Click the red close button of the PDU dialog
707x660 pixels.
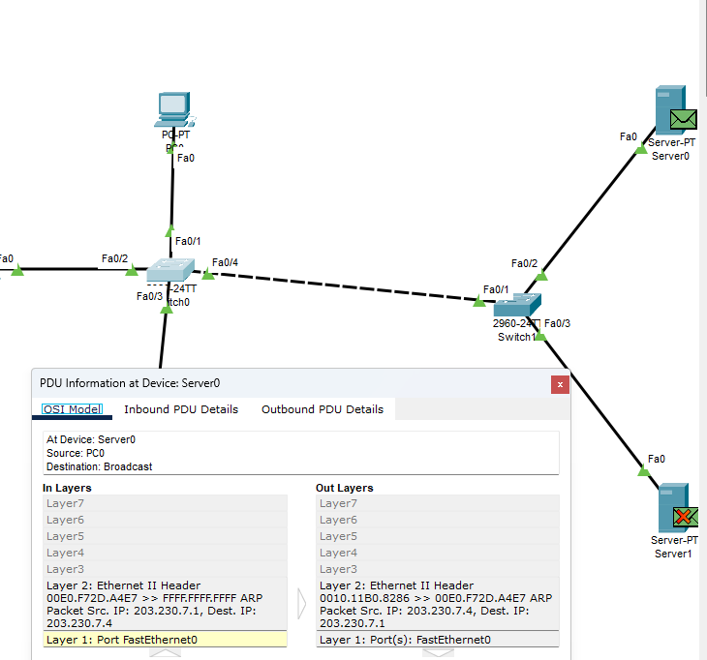coord(560,384)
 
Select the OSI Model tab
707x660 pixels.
coord(73,409)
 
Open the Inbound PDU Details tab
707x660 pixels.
coord(181,409)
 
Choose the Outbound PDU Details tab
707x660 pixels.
coord(323,409)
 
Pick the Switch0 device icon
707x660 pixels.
coord(169,270)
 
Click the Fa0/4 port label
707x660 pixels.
coord(225,262)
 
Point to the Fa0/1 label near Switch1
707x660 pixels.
coord(496,289)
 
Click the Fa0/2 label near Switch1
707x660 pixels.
coord(524,263)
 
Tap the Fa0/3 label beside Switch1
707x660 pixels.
coord(557,323)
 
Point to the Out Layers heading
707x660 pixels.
coord(344,488)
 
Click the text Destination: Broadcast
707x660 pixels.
coord(99,466)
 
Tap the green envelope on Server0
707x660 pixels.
coord(684,119)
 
